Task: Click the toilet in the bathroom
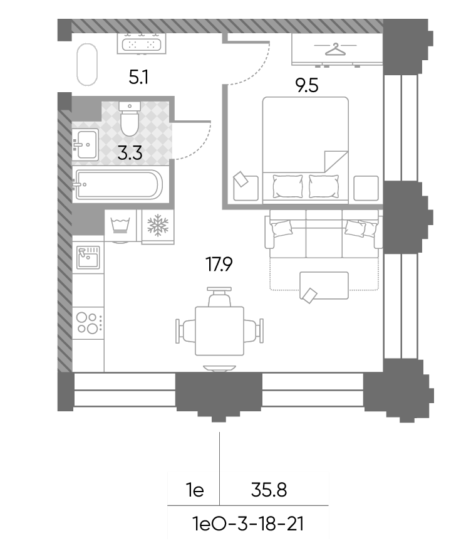129,118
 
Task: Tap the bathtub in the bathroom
118,185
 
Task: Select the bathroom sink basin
86,144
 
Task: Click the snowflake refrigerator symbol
158,225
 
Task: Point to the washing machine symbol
120,225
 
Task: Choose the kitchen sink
88,257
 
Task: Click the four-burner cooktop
88,323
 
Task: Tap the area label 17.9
219,265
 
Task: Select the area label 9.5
307,86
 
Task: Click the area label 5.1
138,77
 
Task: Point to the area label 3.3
130,153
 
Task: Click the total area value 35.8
269,490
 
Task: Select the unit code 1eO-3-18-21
248,524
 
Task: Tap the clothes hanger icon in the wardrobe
335,49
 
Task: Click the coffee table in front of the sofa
324,286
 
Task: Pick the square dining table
219,331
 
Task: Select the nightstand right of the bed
366,188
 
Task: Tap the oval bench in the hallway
86,65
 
